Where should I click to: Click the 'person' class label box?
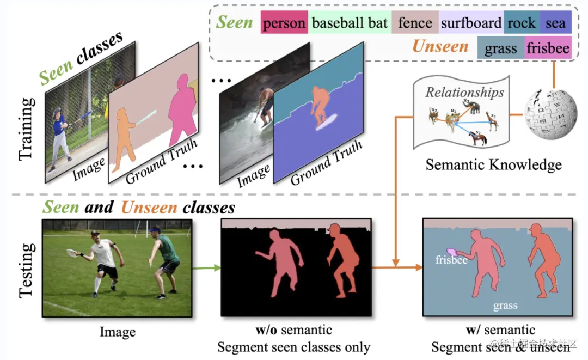click(284, 23)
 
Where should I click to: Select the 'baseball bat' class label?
click(350, 23)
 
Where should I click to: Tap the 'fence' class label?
click(415, 23)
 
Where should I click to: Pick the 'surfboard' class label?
click(471, 23)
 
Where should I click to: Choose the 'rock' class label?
click(522, 23)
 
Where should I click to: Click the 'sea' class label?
click(555, 23)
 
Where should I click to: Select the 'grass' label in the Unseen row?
click(500, 49)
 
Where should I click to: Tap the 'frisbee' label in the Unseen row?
click(548, 49)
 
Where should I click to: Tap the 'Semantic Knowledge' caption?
click(493, 164)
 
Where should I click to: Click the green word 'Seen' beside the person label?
click(234, 22)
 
